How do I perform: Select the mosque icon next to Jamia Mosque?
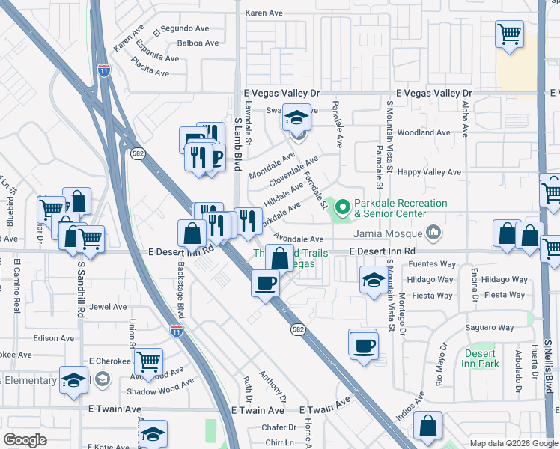(x=433, y=233)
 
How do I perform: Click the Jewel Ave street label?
(x=108, y=307)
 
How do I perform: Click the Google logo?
(x=25, y=440)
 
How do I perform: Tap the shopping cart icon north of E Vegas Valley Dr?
(x=509, y=34)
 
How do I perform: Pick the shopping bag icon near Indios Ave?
(x=427, y=426)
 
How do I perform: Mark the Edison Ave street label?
(x=54, y=338)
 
